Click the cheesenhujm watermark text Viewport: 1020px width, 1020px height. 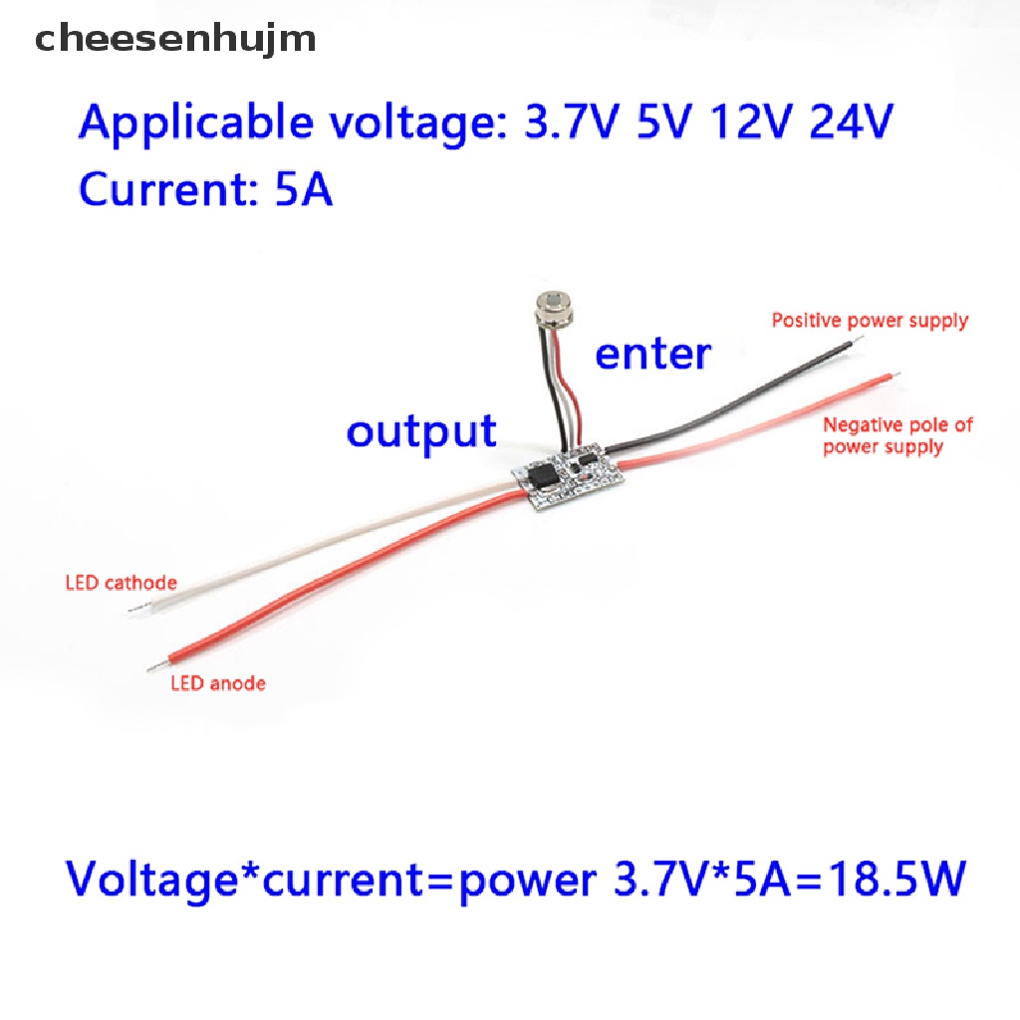click(x=175, y=39)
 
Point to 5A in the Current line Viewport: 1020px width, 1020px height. click(x=304, y=190)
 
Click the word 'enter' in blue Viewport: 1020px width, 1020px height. click(x=653, y=355)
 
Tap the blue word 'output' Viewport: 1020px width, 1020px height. click(x=421, y=432)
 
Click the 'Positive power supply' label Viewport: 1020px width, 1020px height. click(x=870, y=320)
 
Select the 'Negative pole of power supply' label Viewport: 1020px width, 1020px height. click(x=897, y=436)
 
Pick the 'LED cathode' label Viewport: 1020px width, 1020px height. click(x=121, y=582)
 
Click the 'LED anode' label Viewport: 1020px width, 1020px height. click(x=218, y=683)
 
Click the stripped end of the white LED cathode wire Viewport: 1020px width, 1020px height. click(x=135, y=609)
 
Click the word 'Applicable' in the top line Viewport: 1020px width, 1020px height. click(x=196, y=123)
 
